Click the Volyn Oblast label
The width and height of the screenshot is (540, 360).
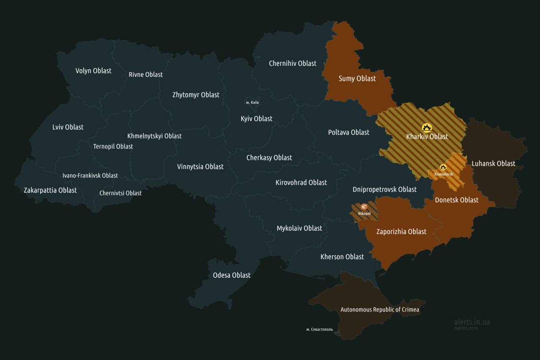(93, 70)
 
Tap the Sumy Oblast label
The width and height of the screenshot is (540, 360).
(357, 78)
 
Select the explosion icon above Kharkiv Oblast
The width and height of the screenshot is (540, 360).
(427, 127)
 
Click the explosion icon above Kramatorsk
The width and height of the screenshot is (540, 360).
(443, 167)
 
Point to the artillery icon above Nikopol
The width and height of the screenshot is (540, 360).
(364, 207)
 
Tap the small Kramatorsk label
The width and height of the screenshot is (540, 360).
(443, 174)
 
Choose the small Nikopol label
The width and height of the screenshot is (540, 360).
(364, 214)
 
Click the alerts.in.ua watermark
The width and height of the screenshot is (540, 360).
(472, 322)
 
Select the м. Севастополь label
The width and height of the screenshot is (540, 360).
(319, 329)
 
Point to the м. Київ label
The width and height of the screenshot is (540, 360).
(252, 103)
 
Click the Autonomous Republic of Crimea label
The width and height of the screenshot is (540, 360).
(380, 309)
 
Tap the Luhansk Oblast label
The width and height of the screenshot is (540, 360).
(493, 163)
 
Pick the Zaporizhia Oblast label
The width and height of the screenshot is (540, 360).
(401, 231)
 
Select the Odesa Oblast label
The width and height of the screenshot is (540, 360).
(232, 275)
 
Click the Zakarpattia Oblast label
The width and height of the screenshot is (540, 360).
(50, 190)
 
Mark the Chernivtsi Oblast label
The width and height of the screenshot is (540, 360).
(121, 193)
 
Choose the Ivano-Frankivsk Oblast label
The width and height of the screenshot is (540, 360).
(90, 175)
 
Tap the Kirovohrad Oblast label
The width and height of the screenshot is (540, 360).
(301, 182)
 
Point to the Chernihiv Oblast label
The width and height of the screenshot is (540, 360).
(292, 63)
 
